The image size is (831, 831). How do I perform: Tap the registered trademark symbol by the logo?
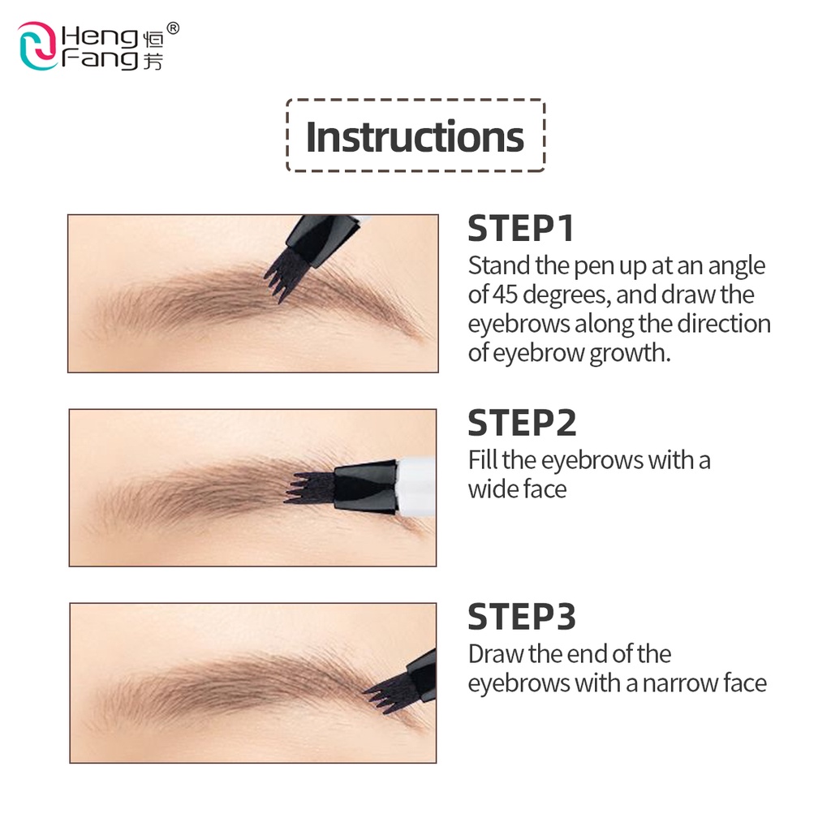pyautogui.click(x=173, y=28)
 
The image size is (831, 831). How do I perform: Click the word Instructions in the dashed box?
pyautogui.click(x=415, y=136)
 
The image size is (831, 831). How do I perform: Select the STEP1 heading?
pyautogui.click(x=520, y=229)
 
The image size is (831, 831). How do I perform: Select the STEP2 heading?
pyautogui.click(x=522, y=423)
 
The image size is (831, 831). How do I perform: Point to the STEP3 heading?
pyautogui.click(x=522, y=617)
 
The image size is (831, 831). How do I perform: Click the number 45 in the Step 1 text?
pyautogui.click(x=505, y=295)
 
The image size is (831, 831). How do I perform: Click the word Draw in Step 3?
pyautogui.click(x=495, y=654)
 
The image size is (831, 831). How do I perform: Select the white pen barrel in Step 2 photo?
pyautogui.click(x=416, y=487)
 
